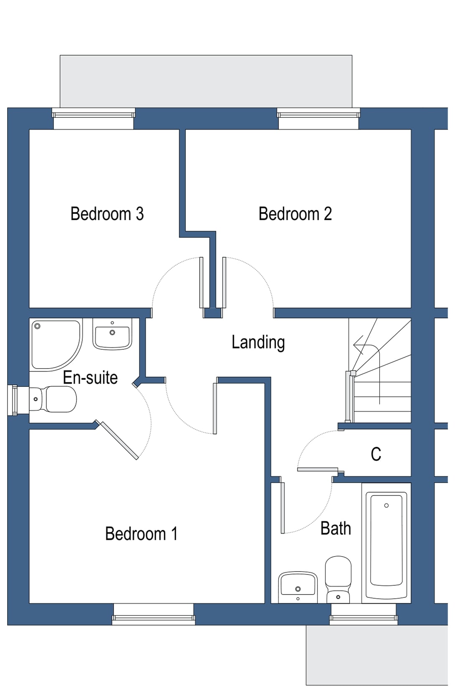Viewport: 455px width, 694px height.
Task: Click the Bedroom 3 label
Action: click(107, 214)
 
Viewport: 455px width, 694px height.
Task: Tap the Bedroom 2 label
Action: click(295, 214)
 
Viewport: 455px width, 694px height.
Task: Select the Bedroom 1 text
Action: click(141, 534)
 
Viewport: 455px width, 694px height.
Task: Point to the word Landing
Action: click(258, 342)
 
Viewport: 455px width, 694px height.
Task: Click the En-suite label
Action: click(90, 378)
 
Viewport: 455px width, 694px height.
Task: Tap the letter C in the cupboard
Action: click(376, 454)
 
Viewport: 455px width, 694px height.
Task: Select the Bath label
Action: click(336, 529)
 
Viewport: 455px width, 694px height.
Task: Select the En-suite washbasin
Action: click(112, 334)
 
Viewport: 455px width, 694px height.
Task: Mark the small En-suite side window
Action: click(13, 400)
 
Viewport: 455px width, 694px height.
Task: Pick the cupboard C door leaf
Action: click(318, 470)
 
